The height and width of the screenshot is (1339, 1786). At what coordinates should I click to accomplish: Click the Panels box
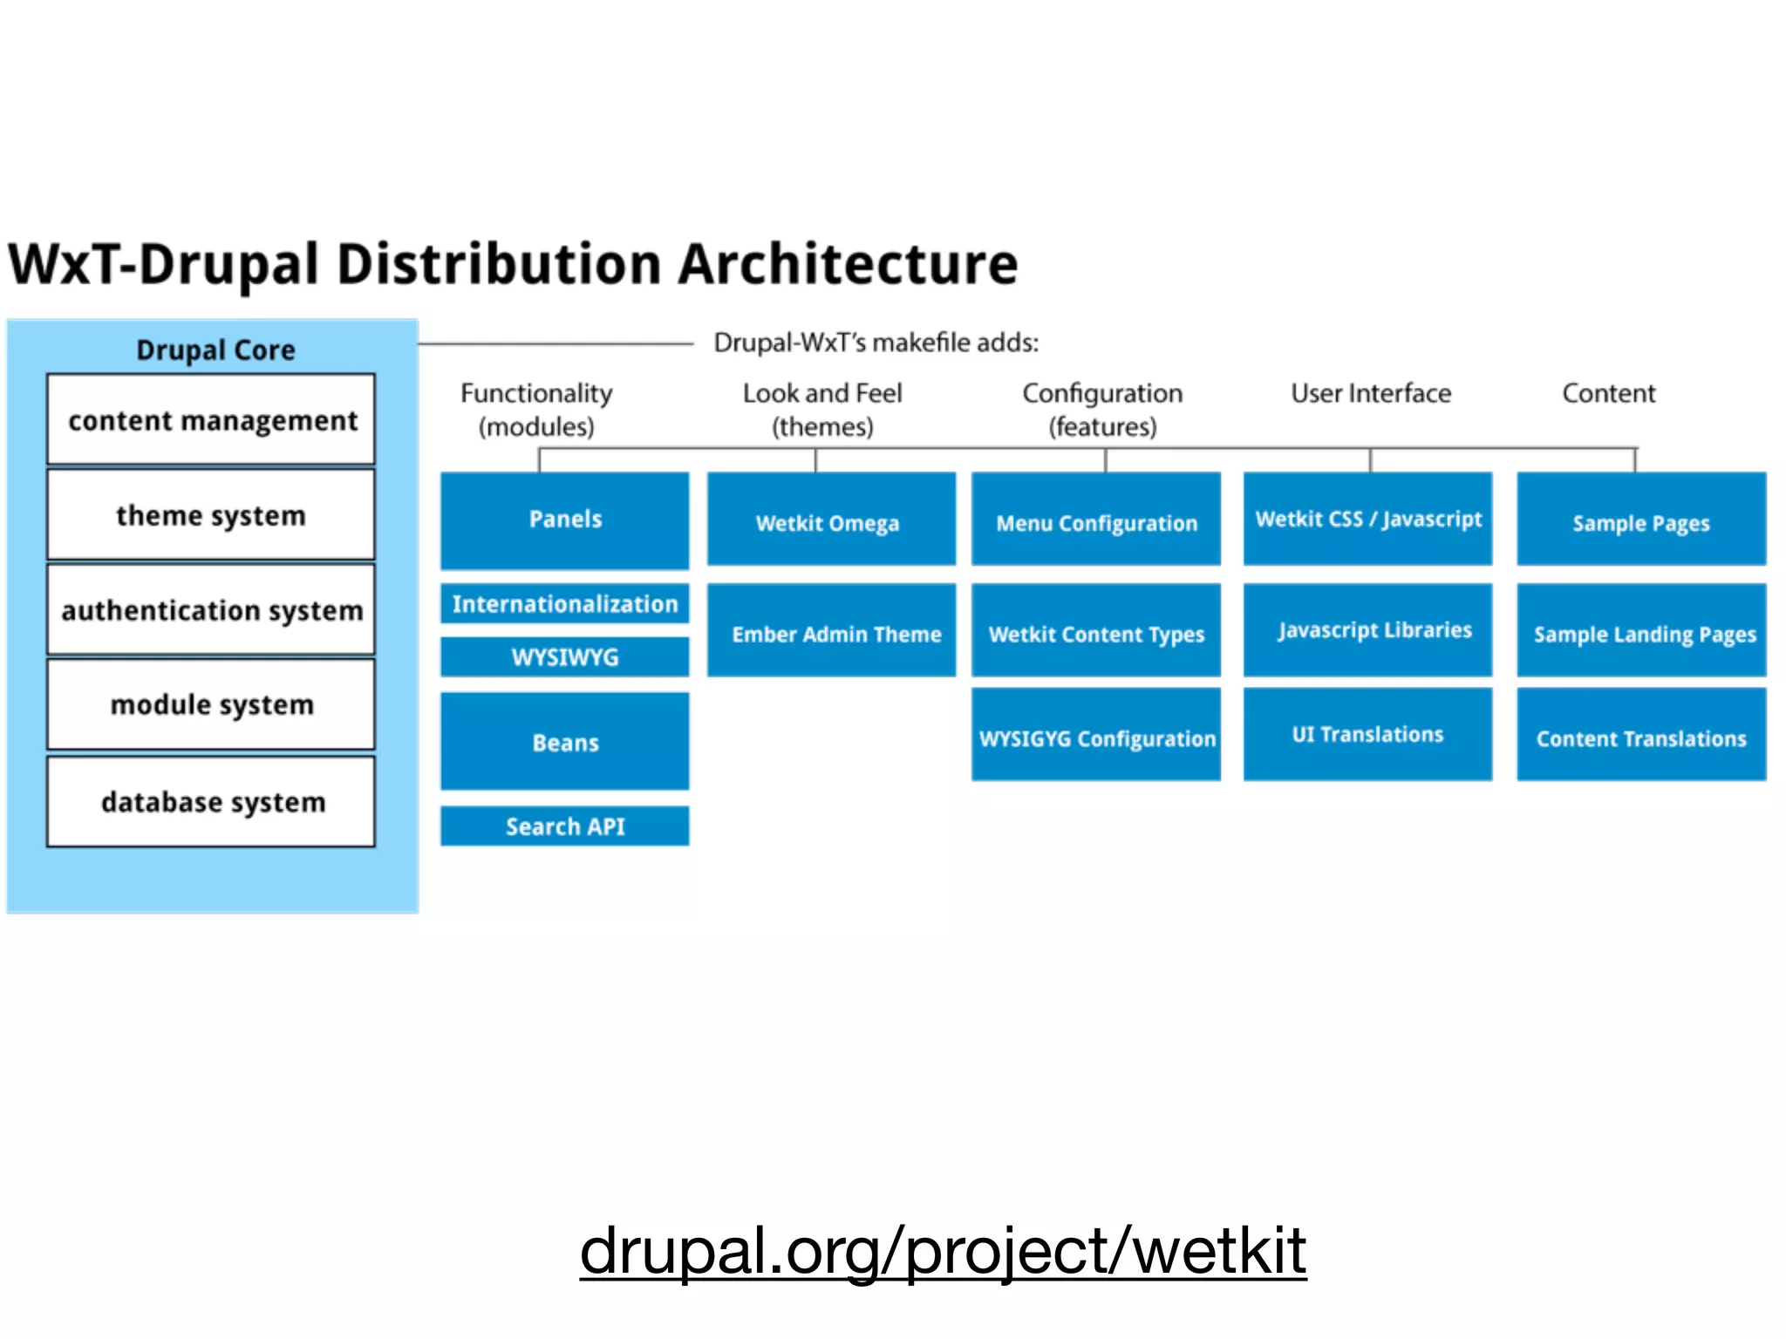click(x=564, y=520)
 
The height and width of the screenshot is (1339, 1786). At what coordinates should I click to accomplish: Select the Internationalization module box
click(x=564, y=603)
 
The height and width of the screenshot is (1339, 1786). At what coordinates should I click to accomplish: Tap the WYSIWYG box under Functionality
click(x=564, y=656)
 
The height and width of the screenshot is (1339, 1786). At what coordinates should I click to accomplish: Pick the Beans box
click(x=564, y=742)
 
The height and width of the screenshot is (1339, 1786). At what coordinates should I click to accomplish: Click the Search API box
click(x=564, y=826)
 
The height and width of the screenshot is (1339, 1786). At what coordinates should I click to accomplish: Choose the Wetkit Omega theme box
click(x=830, y=520)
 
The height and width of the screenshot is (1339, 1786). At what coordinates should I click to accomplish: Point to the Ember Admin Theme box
click(x=830, y=631)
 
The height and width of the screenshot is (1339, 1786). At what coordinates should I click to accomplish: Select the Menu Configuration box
click(x=1095, y=520)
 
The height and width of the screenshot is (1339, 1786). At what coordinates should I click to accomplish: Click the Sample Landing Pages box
click(x=1641, y=631)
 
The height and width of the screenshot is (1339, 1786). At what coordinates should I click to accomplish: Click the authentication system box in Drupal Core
click(x=211, y=610)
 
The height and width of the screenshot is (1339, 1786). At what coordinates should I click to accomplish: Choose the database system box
click(x=211, y=802)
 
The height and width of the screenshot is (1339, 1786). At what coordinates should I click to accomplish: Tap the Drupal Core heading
click(x=215, y=350)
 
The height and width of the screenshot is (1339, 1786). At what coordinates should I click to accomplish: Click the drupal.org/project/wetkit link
click(x=943, y=1250)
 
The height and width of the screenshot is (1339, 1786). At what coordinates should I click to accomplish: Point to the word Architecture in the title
click(x=848, y=264)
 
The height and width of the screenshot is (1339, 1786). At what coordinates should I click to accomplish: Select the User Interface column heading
click(x=1371, y=393)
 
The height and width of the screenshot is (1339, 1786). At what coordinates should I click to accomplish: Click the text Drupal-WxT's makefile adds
click(x=876, y=343)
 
